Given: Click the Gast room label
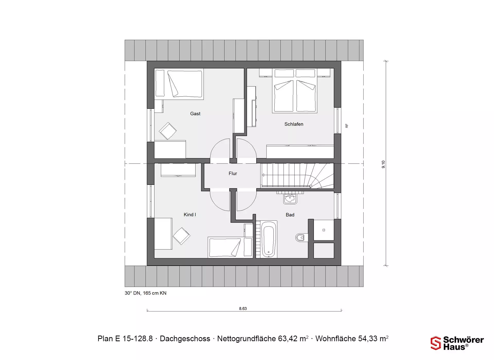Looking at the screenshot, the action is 195,114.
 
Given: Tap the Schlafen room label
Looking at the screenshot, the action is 294,124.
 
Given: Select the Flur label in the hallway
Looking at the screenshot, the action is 233,174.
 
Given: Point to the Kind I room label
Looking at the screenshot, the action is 190,215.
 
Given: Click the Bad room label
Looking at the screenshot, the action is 290,215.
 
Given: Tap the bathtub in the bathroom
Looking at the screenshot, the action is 269,239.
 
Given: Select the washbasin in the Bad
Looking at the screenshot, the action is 290,199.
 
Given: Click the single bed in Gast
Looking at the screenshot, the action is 179,84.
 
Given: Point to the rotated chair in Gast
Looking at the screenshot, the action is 168,131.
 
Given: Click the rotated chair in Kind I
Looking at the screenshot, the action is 181,236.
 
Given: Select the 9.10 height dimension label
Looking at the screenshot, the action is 383,164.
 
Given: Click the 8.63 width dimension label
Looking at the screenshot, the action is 243,309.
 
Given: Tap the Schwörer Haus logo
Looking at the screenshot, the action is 457,343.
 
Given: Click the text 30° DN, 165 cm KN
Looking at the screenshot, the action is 146,293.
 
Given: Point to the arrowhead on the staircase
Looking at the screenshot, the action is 263,175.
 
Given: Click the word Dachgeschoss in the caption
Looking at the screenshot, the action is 185,339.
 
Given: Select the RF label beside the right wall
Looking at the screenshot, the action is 347,126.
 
